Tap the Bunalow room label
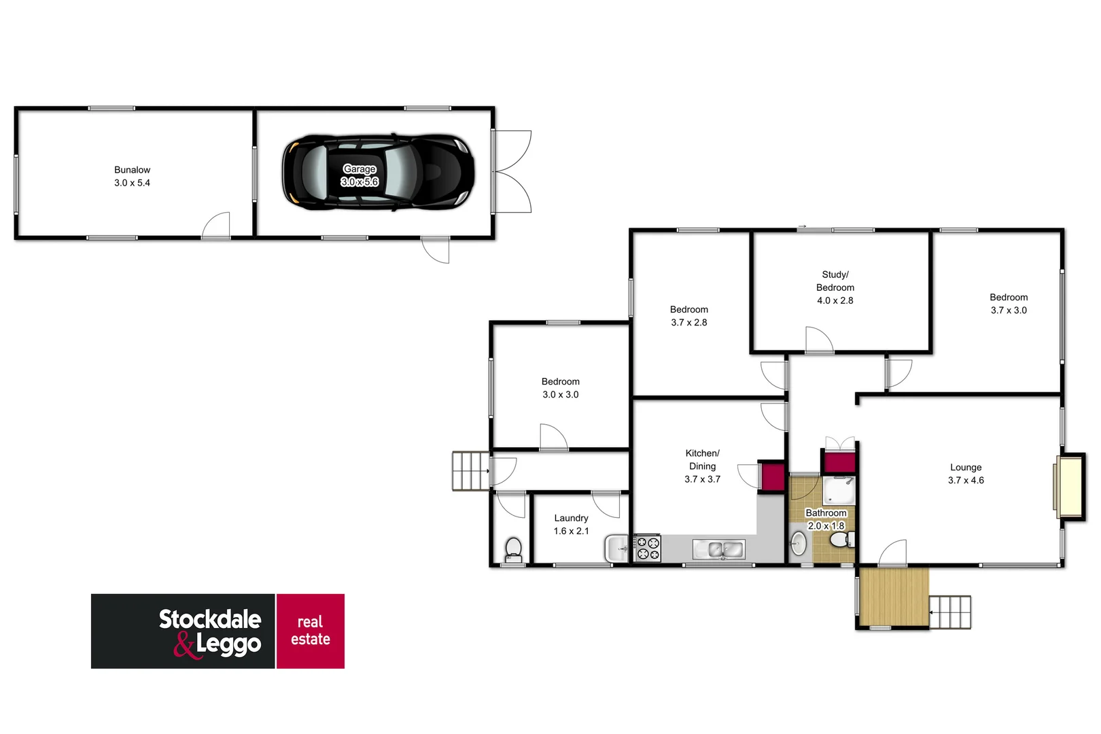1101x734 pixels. (x=132, y=176)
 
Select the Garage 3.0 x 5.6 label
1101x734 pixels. (x=360, y=175)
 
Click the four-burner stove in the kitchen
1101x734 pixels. (x=647, y=548)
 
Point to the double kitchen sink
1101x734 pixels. (x=718, y=548)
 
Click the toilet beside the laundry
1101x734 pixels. (x=513, y=548)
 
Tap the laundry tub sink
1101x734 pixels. (x=617, y=548)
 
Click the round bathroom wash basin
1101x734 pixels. (x=799, y=544)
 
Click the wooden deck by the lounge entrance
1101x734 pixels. (x=893, y=597)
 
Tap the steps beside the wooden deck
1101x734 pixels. (x=949, y=612)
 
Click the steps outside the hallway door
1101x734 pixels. (x=470, y=470)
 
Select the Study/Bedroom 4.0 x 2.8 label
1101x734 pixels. (x=835, y=287)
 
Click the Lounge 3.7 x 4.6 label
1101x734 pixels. (x=966, y=474)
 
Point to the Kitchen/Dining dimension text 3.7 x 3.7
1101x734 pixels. (x=702, y=479)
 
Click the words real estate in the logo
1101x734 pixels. (x=310, y=631)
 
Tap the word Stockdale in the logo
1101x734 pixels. (x=210, y=619)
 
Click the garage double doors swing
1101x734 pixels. (x=513, y=171)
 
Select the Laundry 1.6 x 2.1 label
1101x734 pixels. (x=571, y=524)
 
